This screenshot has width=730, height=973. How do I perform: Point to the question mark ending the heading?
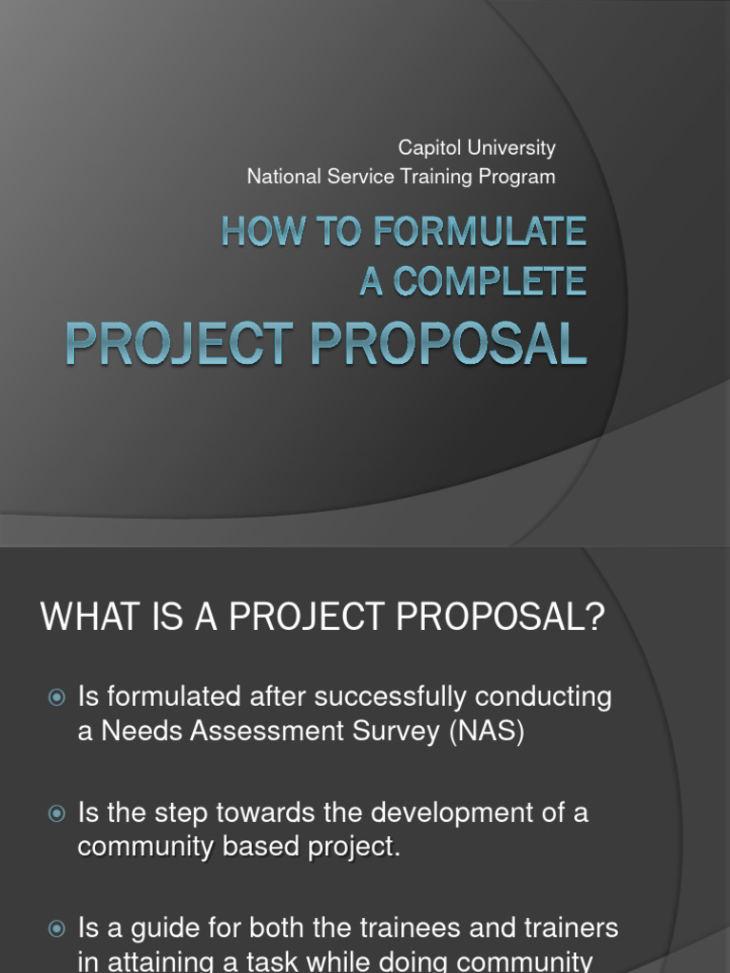tap(595, 619)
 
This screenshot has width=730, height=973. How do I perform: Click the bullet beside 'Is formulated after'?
tap(57, 698)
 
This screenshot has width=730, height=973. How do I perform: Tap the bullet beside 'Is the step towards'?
tap(57, 813)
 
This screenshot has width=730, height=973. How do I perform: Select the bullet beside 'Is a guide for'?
tap(57, 928)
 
